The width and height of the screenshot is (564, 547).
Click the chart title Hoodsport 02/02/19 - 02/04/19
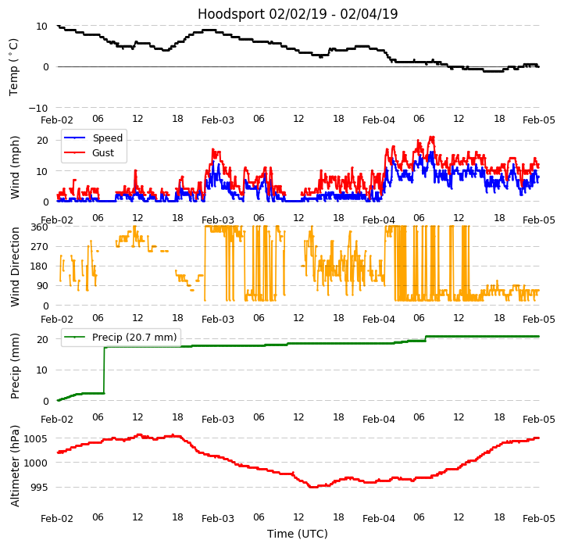pyautogui.click(x=298, y=14)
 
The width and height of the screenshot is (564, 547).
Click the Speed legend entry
pyautogui.click(x=107, y=138)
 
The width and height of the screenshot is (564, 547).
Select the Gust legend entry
pyautogui.click(x=103, y=152)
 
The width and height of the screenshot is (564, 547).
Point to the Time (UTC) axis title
pyautogui.click(x=298, y=534)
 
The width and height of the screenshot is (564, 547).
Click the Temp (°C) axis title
pyautogui.click(x=14, y=66)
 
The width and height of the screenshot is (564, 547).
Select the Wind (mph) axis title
pyautogui.click(x=15, y=167)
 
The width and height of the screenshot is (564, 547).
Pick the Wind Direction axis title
pyautogui.click(x=15, y=266)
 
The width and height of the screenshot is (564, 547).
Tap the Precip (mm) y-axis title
pyautogui.click(x=15, y=366)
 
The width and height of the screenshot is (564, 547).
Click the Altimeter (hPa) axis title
pyautogui.click(x=15, y=466)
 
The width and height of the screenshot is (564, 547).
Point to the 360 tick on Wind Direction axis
pyautogui.click(x=40, y=227)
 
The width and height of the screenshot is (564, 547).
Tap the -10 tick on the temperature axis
pyautogui.click(x=38, y=108)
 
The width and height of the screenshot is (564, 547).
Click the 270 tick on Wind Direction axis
pyautogui.click(x=40, y=247)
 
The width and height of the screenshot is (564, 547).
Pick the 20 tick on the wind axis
pyautogui.click(x=43, y=140)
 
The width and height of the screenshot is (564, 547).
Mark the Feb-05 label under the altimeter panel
pyautogui.click(x=539, y=519)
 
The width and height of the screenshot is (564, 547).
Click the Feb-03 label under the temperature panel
pyautogui.click(x=218, y=120)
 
